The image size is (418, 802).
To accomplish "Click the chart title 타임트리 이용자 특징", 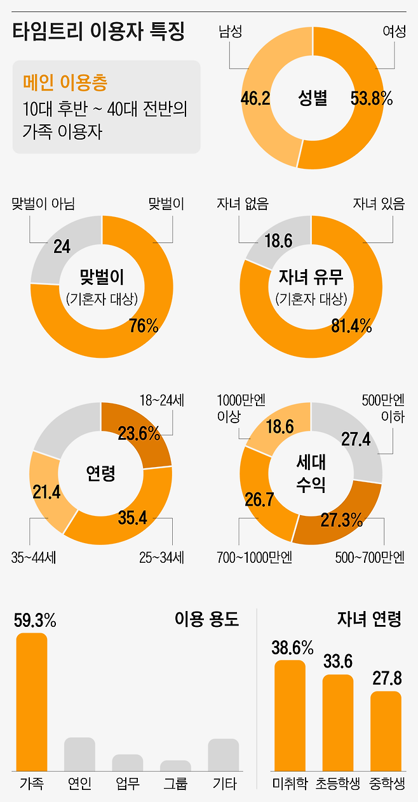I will tap(98, 32).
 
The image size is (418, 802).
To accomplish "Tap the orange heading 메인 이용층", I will tap(65, 82).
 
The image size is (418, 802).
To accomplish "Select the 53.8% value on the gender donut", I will tap(372, 98).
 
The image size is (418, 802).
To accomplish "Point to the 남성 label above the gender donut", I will tap(230, 31).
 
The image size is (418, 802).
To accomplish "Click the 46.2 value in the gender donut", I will tap(256, 98).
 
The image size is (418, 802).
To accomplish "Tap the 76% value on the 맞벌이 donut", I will tap(144, 325).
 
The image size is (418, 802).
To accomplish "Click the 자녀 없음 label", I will tap(243, 204).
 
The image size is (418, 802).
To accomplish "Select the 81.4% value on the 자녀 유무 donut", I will tap(351, 325).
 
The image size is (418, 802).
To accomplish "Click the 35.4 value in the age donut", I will tap(133, 518).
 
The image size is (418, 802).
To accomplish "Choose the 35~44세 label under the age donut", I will tap(34, 558).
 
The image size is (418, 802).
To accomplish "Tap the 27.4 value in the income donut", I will tap(356, 439).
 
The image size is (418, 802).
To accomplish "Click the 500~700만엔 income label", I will tap(370, 558).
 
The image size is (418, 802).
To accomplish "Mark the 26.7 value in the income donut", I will tap(259, 499).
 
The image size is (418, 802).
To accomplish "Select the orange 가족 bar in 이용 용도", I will tap(32, 701).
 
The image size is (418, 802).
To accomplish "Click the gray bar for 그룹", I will tap(176, 765).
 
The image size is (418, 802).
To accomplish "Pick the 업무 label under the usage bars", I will tap(128, 784).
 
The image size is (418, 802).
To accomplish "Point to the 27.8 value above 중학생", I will tap(386, 678).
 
